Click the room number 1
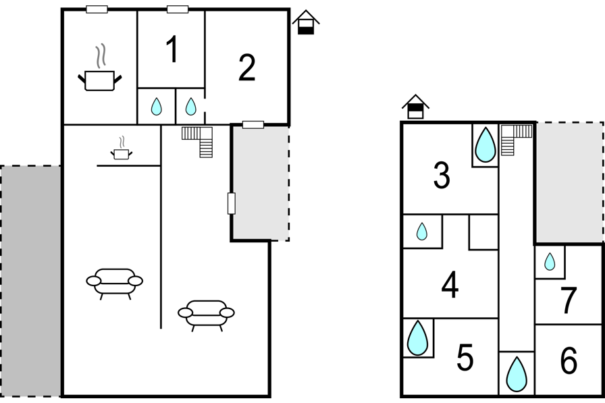pos(172,49)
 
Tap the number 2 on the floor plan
pos(247,68)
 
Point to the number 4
pos(450,285)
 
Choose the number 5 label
pos(465,358)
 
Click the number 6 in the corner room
pos(569,360)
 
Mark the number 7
pos(569,300)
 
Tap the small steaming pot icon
pos(121,149)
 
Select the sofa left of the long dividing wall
pos(114,284)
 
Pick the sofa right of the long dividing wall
pos(206,315)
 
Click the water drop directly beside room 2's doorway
pos(190,107)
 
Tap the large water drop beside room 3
pos(485,144)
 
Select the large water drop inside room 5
pos(417,338)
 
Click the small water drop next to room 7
pos(550,261)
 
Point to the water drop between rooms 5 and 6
pos(517,374)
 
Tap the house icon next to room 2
pos(306,22)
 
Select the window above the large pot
pos(97,9)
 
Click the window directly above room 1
pos(178,9)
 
